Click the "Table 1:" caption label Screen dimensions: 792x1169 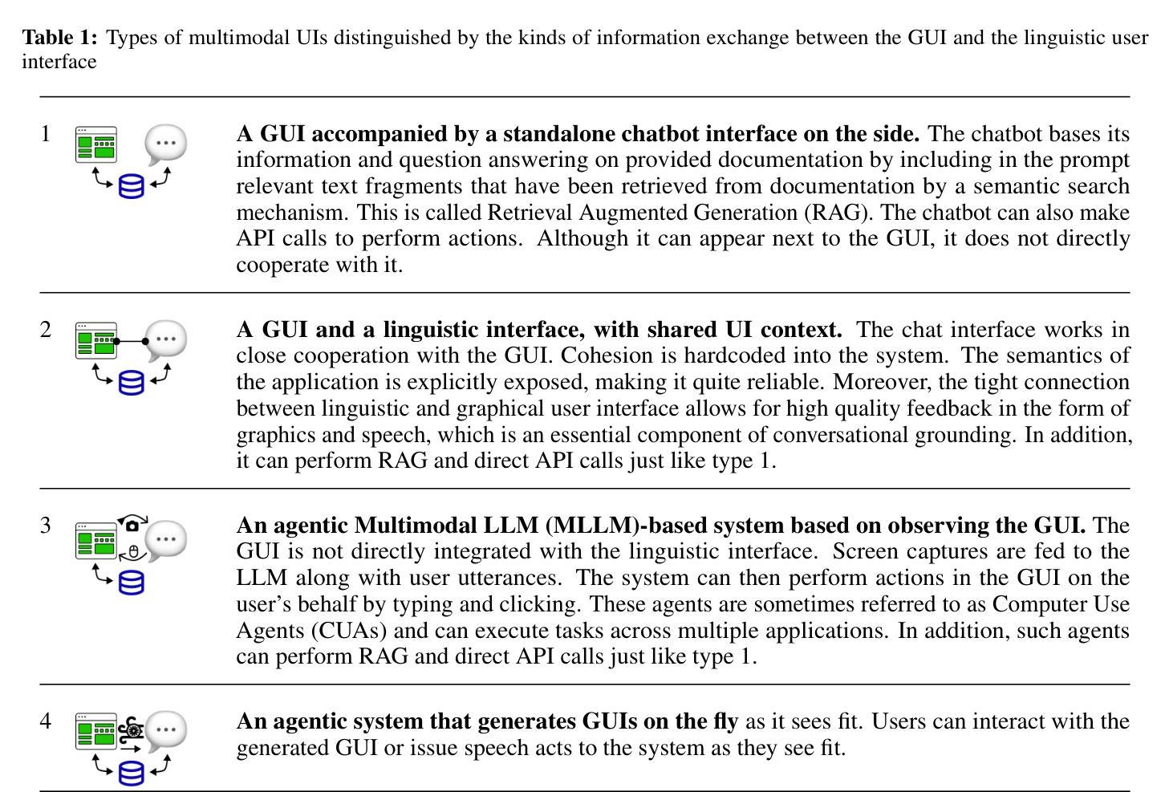coord(59,38)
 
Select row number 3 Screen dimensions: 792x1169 coord(46,525)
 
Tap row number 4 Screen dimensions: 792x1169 coord(46,721)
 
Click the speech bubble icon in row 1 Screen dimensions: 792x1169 coord(165,144)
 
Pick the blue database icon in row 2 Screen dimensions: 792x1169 coord(132,383)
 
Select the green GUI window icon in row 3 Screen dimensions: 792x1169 coord(96,540)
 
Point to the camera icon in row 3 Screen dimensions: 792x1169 coord(132,525)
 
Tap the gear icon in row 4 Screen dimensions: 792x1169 coord(133,730)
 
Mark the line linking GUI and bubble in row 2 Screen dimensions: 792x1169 coord(131,341)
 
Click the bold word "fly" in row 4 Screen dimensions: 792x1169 coord(725,721)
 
